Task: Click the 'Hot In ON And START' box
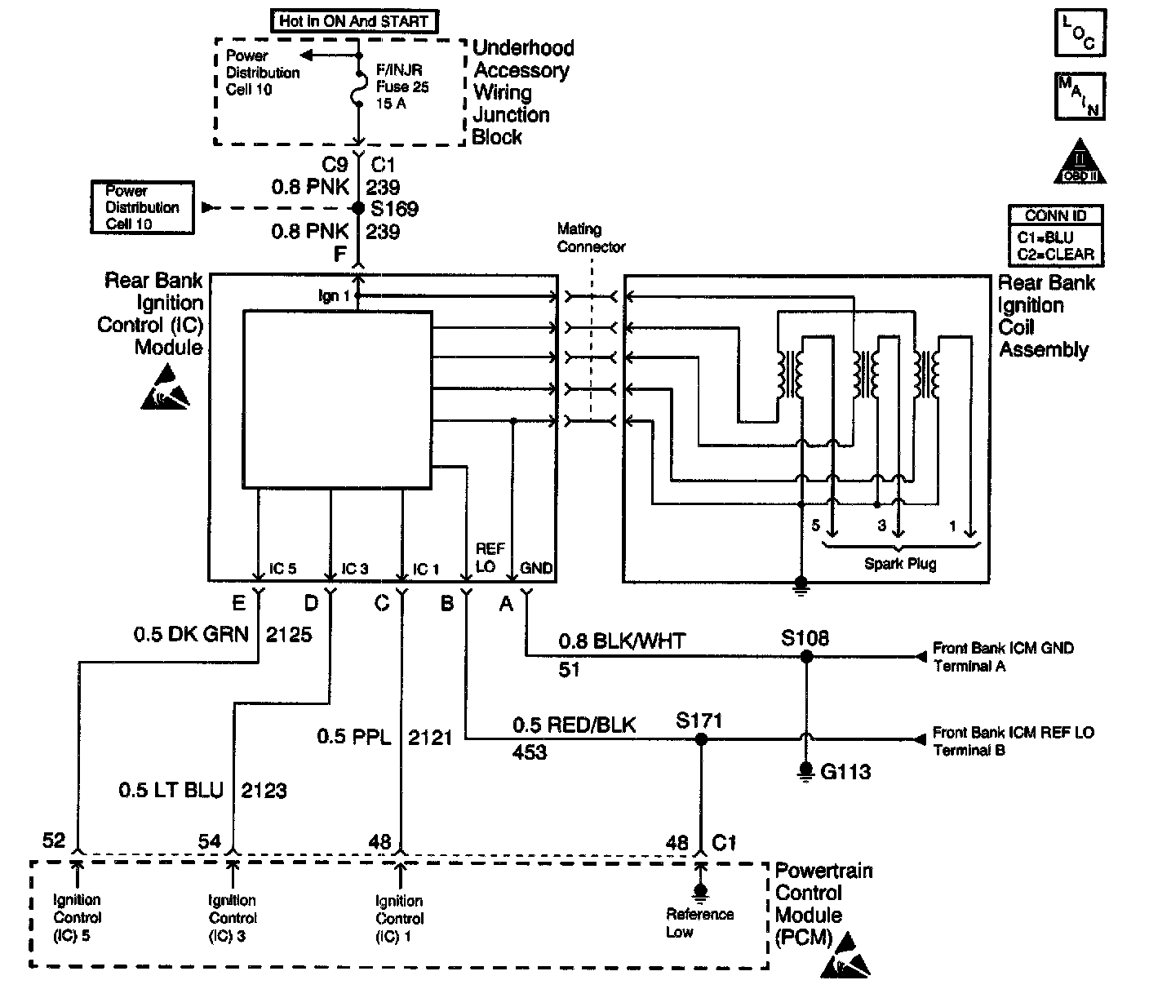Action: pos(353,21)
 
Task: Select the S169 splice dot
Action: pos(357,209)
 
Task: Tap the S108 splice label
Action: pos(805,637)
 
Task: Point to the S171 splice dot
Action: pos(699,740)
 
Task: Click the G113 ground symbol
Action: pos(805,770)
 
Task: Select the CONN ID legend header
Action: pos(1056,216)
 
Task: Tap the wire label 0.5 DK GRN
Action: pos(191,634)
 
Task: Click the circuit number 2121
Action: pos(429,738)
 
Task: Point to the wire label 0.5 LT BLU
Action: pos(171,790)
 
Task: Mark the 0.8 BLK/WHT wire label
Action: pos(622,642)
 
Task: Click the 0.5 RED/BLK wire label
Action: pos(574,725)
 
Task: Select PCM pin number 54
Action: pos(210,841)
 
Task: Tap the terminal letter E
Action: pos(238,603)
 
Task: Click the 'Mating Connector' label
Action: pos(591,238)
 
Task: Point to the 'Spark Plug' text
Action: pos(900,564)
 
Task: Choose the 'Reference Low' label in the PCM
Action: pos(699,923)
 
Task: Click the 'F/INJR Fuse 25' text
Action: pos(402,78)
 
